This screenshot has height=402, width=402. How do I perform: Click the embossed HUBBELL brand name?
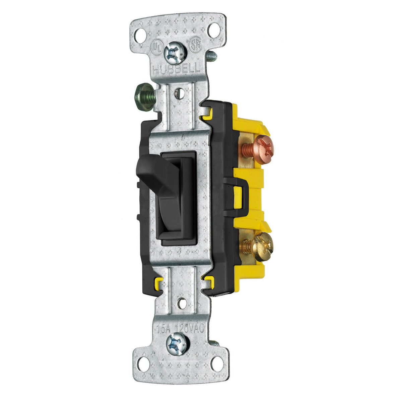coord(177,69)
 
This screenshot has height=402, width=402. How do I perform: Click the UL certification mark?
coord(156,46)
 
